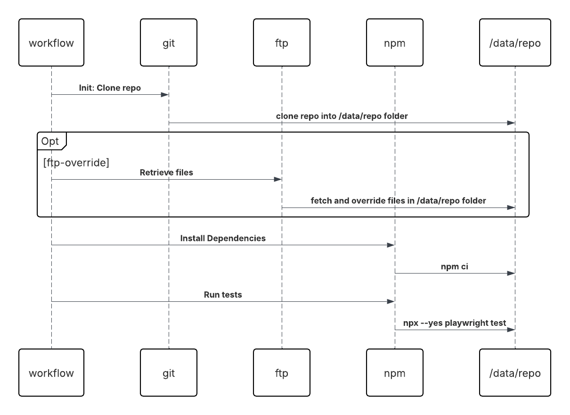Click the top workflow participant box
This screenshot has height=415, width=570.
[x=51, y=43]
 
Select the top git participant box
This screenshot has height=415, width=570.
[x=169, y=43]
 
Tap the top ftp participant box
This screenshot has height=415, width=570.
[x=282, y=43]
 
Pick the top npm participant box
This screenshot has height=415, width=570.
[x=395, y=43]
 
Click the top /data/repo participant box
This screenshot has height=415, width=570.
[x=515, y=43]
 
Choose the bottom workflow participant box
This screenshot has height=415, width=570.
[x=51, y=373]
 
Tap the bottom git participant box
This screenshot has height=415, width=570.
[x=169, y=373]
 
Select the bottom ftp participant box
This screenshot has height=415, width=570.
[x=282, y=373]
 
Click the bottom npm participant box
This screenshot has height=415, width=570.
[x=395, y=373]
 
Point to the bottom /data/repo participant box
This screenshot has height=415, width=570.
[x=515, y=373]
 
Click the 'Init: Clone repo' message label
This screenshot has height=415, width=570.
[x=110, y=88]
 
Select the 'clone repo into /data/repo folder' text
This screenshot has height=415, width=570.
[x=342, y=116]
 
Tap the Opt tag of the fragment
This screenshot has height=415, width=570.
[x=51, y=141]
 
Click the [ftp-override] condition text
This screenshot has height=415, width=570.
[x=76, y=163]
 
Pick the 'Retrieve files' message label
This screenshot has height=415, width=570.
[x=166, y=173]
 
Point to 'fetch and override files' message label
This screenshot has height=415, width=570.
[x=398, y=201]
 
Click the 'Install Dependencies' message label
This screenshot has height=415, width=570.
[x=223, y=239]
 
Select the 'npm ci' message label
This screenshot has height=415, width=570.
[x=455, y=267]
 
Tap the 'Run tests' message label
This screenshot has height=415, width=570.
[x=223, y=295]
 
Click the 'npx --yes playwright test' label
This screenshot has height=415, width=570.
[x=455, y=324]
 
